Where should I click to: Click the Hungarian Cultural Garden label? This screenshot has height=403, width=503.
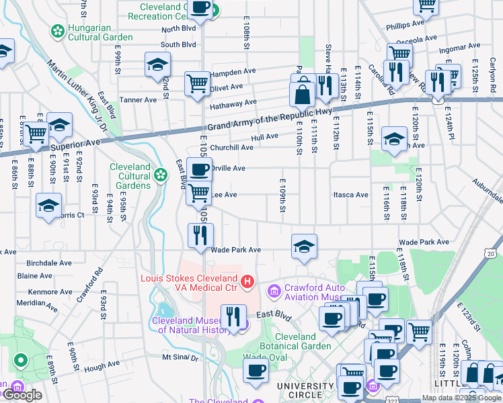99,32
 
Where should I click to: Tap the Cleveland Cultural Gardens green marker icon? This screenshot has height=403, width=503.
160,175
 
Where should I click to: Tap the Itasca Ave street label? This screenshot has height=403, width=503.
351,195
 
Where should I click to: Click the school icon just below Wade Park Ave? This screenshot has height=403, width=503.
304,247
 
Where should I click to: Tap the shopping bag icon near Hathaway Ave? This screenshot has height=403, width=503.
303,93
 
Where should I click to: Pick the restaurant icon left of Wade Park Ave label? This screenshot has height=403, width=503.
200,234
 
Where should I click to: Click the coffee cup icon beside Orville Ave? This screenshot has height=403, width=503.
199,169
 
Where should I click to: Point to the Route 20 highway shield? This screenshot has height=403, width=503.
492,253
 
